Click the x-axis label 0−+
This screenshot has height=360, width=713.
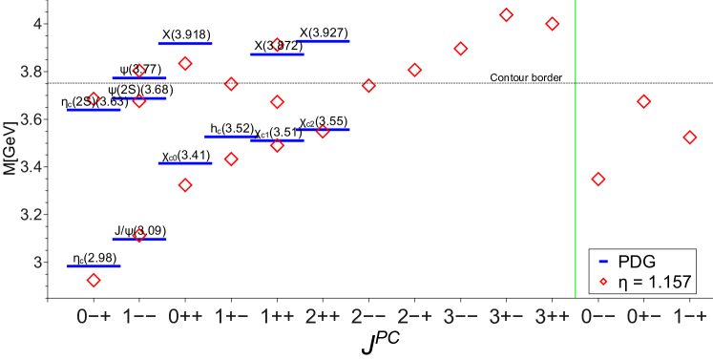(x=94, y=316)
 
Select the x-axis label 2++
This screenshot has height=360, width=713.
(x=323, y=316)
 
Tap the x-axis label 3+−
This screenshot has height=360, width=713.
(x=506, y=316)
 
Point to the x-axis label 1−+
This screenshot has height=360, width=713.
(x=690, y=316)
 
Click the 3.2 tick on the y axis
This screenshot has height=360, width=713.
(x=31, y=215)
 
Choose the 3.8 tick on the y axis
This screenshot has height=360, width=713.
(x=31, y=73)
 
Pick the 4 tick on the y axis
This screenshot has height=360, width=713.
(x=37, y=24)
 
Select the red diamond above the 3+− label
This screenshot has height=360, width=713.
(x=507, y=15)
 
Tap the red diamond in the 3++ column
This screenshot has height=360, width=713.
(x=552, y=24)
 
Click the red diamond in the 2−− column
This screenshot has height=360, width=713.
(x=368, y=86)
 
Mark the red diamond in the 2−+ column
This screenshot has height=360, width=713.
(x=414, y=70)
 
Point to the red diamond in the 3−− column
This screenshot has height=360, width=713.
(x=461, y=49)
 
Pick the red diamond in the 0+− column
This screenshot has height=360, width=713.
(x=644, y=101)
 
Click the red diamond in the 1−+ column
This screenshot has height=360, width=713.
(x=690, y=138)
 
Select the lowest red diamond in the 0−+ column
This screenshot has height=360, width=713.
(x=94, y=280)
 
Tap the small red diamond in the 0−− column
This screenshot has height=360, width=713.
(x=603, y=281)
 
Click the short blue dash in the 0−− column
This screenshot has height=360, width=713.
(x=603, y=261)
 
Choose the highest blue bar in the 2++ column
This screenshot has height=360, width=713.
(x=324, y=41)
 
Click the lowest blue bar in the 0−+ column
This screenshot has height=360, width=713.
(x=94, y=266)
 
